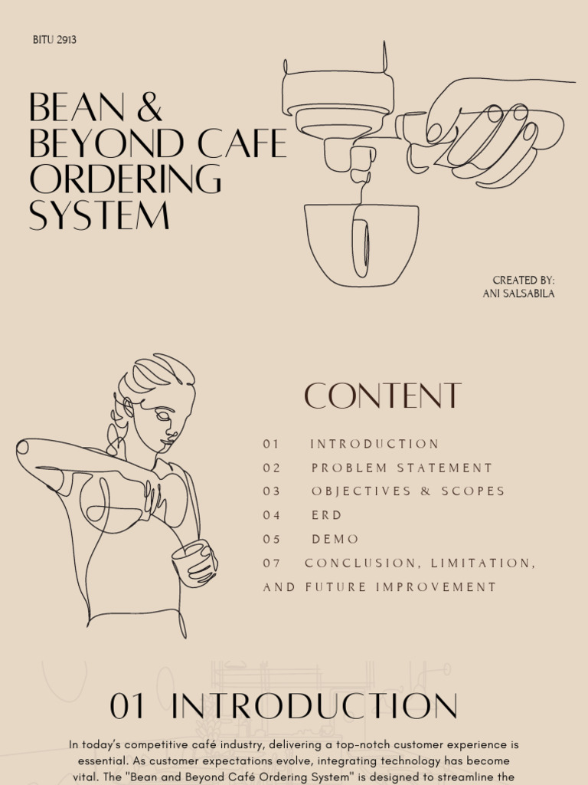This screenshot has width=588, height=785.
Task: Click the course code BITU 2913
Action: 54,40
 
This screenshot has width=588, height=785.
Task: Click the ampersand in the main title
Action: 150,107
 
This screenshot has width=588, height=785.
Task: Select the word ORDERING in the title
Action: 125,179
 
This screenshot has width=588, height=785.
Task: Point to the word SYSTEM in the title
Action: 99,215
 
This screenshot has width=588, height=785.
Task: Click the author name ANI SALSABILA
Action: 518,294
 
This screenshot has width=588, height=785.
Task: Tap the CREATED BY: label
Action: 524,281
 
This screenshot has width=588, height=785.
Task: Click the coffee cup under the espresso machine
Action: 361,245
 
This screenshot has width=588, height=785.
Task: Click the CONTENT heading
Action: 383,396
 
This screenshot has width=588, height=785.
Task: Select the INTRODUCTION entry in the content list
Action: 374,444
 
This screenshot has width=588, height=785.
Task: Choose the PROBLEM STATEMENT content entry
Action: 402,468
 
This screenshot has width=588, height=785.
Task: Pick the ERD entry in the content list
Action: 326,515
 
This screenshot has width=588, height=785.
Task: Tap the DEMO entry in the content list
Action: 335,539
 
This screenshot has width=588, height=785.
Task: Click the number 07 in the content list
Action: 272,563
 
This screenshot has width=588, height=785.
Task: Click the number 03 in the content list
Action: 272,491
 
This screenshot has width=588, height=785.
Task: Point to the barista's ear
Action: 128,407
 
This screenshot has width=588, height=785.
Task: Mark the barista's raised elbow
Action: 23,447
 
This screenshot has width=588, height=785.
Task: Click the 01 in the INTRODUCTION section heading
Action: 127,706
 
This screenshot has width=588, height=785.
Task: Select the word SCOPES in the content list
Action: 473,491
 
